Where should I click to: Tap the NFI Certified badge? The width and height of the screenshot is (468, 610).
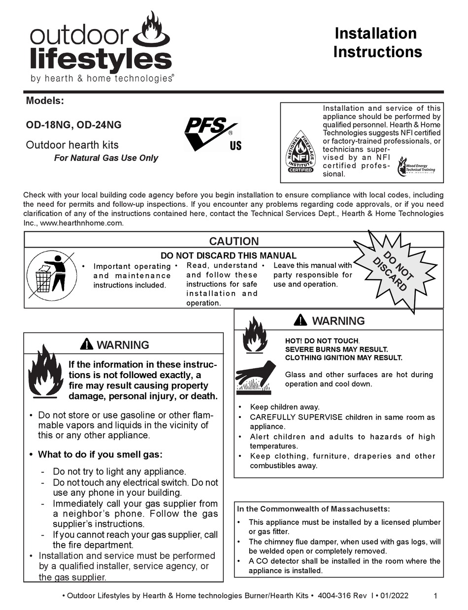[300, 152]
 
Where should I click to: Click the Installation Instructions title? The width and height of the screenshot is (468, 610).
[377, 42]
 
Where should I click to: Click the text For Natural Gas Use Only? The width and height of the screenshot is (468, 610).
[106, 158]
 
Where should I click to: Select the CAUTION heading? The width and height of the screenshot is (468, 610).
[234, 241]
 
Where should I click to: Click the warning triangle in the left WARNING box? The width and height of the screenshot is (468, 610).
[86, 344]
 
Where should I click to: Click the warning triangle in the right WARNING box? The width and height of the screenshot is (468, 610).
[300, 321]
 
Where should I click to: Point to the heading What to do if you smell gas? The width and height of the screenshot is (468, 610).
[100, 454]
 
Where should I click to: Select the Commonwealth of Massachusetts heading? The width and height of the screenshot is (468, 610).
[313, 509]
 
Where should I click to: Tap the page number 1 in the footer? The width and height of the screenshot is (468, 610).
[435, 596]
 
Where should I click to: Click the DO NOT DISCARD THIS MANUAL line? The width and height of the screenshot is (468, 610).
[229, 256]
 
